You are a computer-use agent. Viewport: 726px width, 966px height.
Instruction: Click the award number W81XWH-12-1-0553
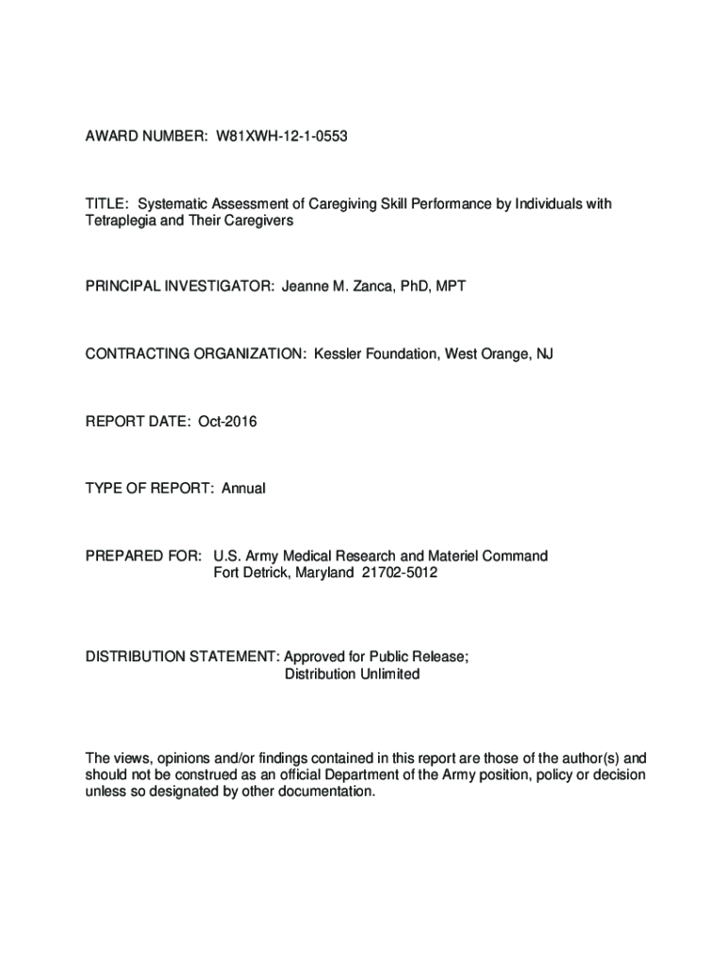282,137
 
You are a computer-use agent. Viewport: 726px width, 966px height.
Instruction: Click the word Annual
243,489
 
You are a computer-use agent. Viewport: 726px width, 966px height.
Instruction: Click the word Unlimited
387,675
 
